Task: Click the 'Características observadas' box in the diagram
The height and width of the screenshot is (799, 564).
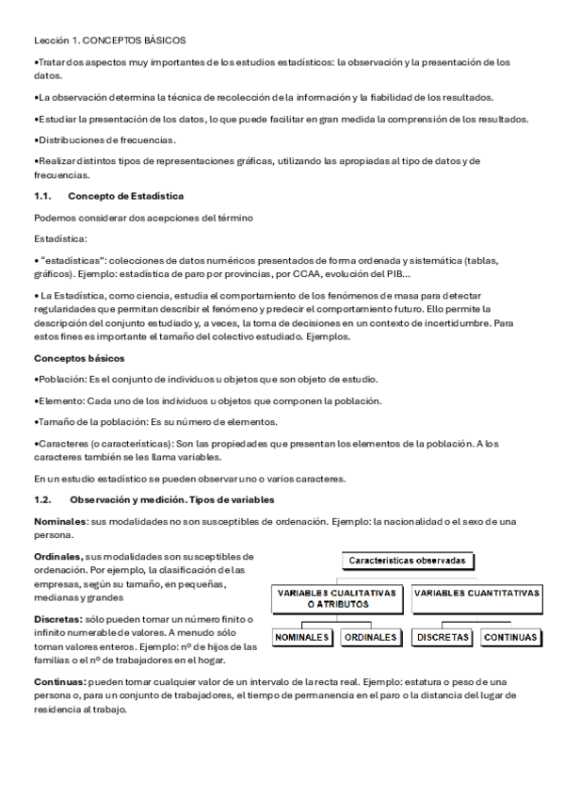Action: [x=407, y=560]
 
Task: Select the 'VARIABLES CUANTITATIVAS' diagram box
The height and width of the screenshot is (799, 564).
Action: [x=476, y=595]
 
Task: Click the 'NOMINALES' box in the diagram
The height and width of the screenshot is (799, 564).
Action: [x=302, y=638]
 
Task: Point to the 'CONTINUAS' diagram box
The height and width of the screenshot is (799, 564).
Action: [x=510, y=638]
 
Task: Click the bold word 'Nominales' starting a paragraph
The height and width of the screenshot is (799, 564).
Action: [x=60, y=521]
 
